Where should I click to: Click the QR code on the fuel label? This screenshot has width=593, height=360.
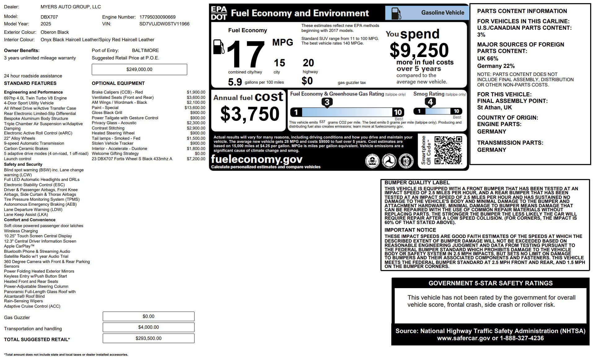448,150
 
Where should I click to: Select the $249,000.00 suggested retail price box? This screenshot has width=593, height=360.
139,69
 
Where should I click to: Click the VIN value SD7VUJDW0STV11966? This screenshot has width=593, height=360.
164,24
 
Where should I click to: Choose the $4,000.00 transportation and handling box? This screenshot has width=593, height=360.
148,327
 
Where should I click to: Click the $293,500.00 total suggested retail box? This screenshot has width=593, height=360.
148,338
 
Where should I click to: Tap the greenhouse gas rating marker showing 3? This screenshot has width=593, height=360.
327,102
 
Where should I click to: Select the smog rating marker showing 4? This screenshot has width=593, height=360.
430,102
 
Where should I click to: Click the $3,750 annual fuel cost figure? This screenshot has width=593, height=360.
250,114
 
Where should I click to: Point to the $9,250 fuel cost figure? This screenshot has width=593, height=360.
419,50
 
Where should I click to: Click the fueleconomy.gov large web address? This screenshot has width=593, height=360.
257,159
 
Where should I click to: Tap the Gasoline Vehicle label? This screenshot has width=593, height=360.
442,13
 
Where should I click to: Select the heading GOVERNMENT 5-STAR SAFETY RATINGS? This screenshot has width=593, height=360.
490,283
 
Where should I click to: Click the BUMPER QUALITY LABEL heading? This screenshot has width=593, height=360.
417,183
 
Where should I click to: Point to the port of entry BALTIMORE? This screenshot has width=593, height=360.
145,50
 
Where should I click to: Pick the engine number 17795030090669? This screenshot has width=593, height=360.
157,17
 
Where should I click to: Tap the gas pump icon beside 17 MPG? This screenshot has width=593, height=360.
219,47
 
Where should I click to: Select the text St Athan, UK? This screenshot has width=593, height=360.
494,108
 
